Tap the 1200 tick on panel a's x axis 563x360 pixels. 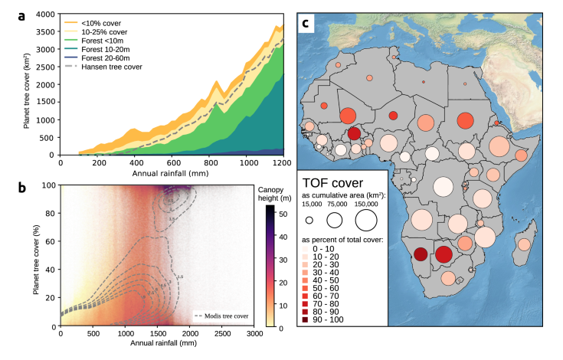pyautogui.click(x=282, y=163)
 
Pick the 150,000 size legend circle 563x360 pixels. pyautogui.click(x=365, y=220)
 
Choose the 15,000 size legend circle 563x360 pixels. pyautogui.click(x=309, y=220)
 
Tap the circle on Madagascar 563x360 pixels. pyautogui.click(x=524, y=244)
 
